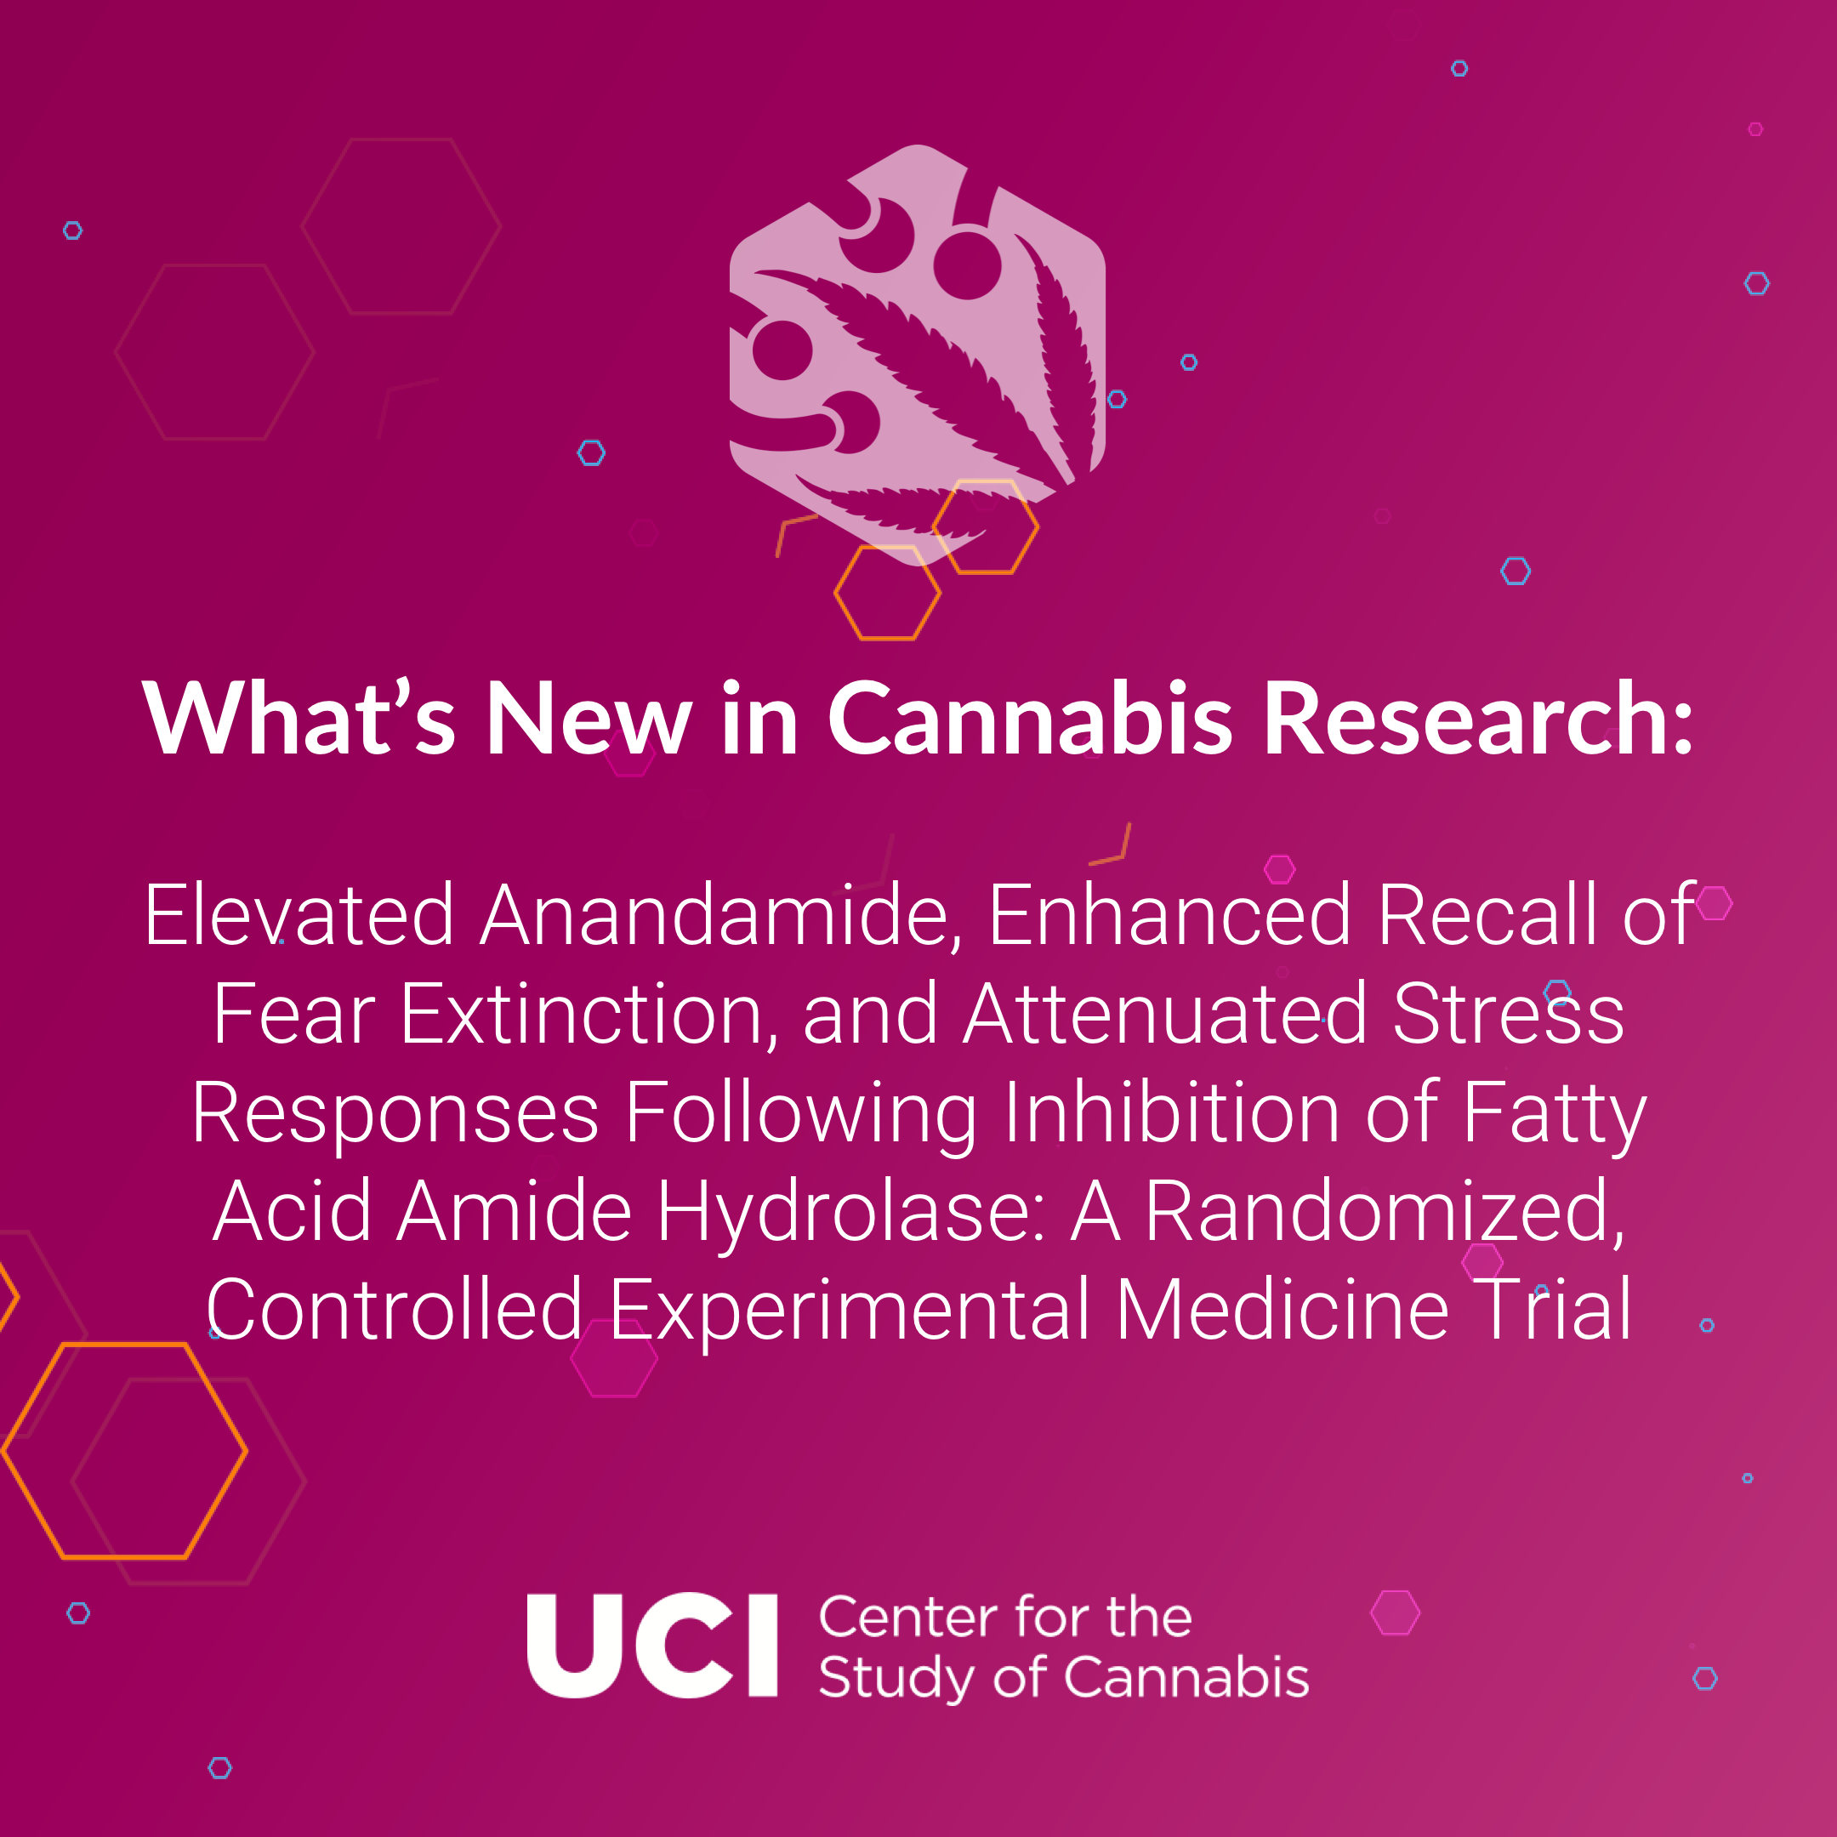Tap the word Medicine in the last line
[1282, 1310]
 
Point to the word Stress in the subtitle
[1508, 1014]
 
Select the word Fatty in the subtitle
[1554, 1114]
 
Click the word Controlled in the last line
[395, 1310]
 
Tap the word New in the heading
[589, 719]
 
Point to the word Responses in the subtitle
[395, 1114]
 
